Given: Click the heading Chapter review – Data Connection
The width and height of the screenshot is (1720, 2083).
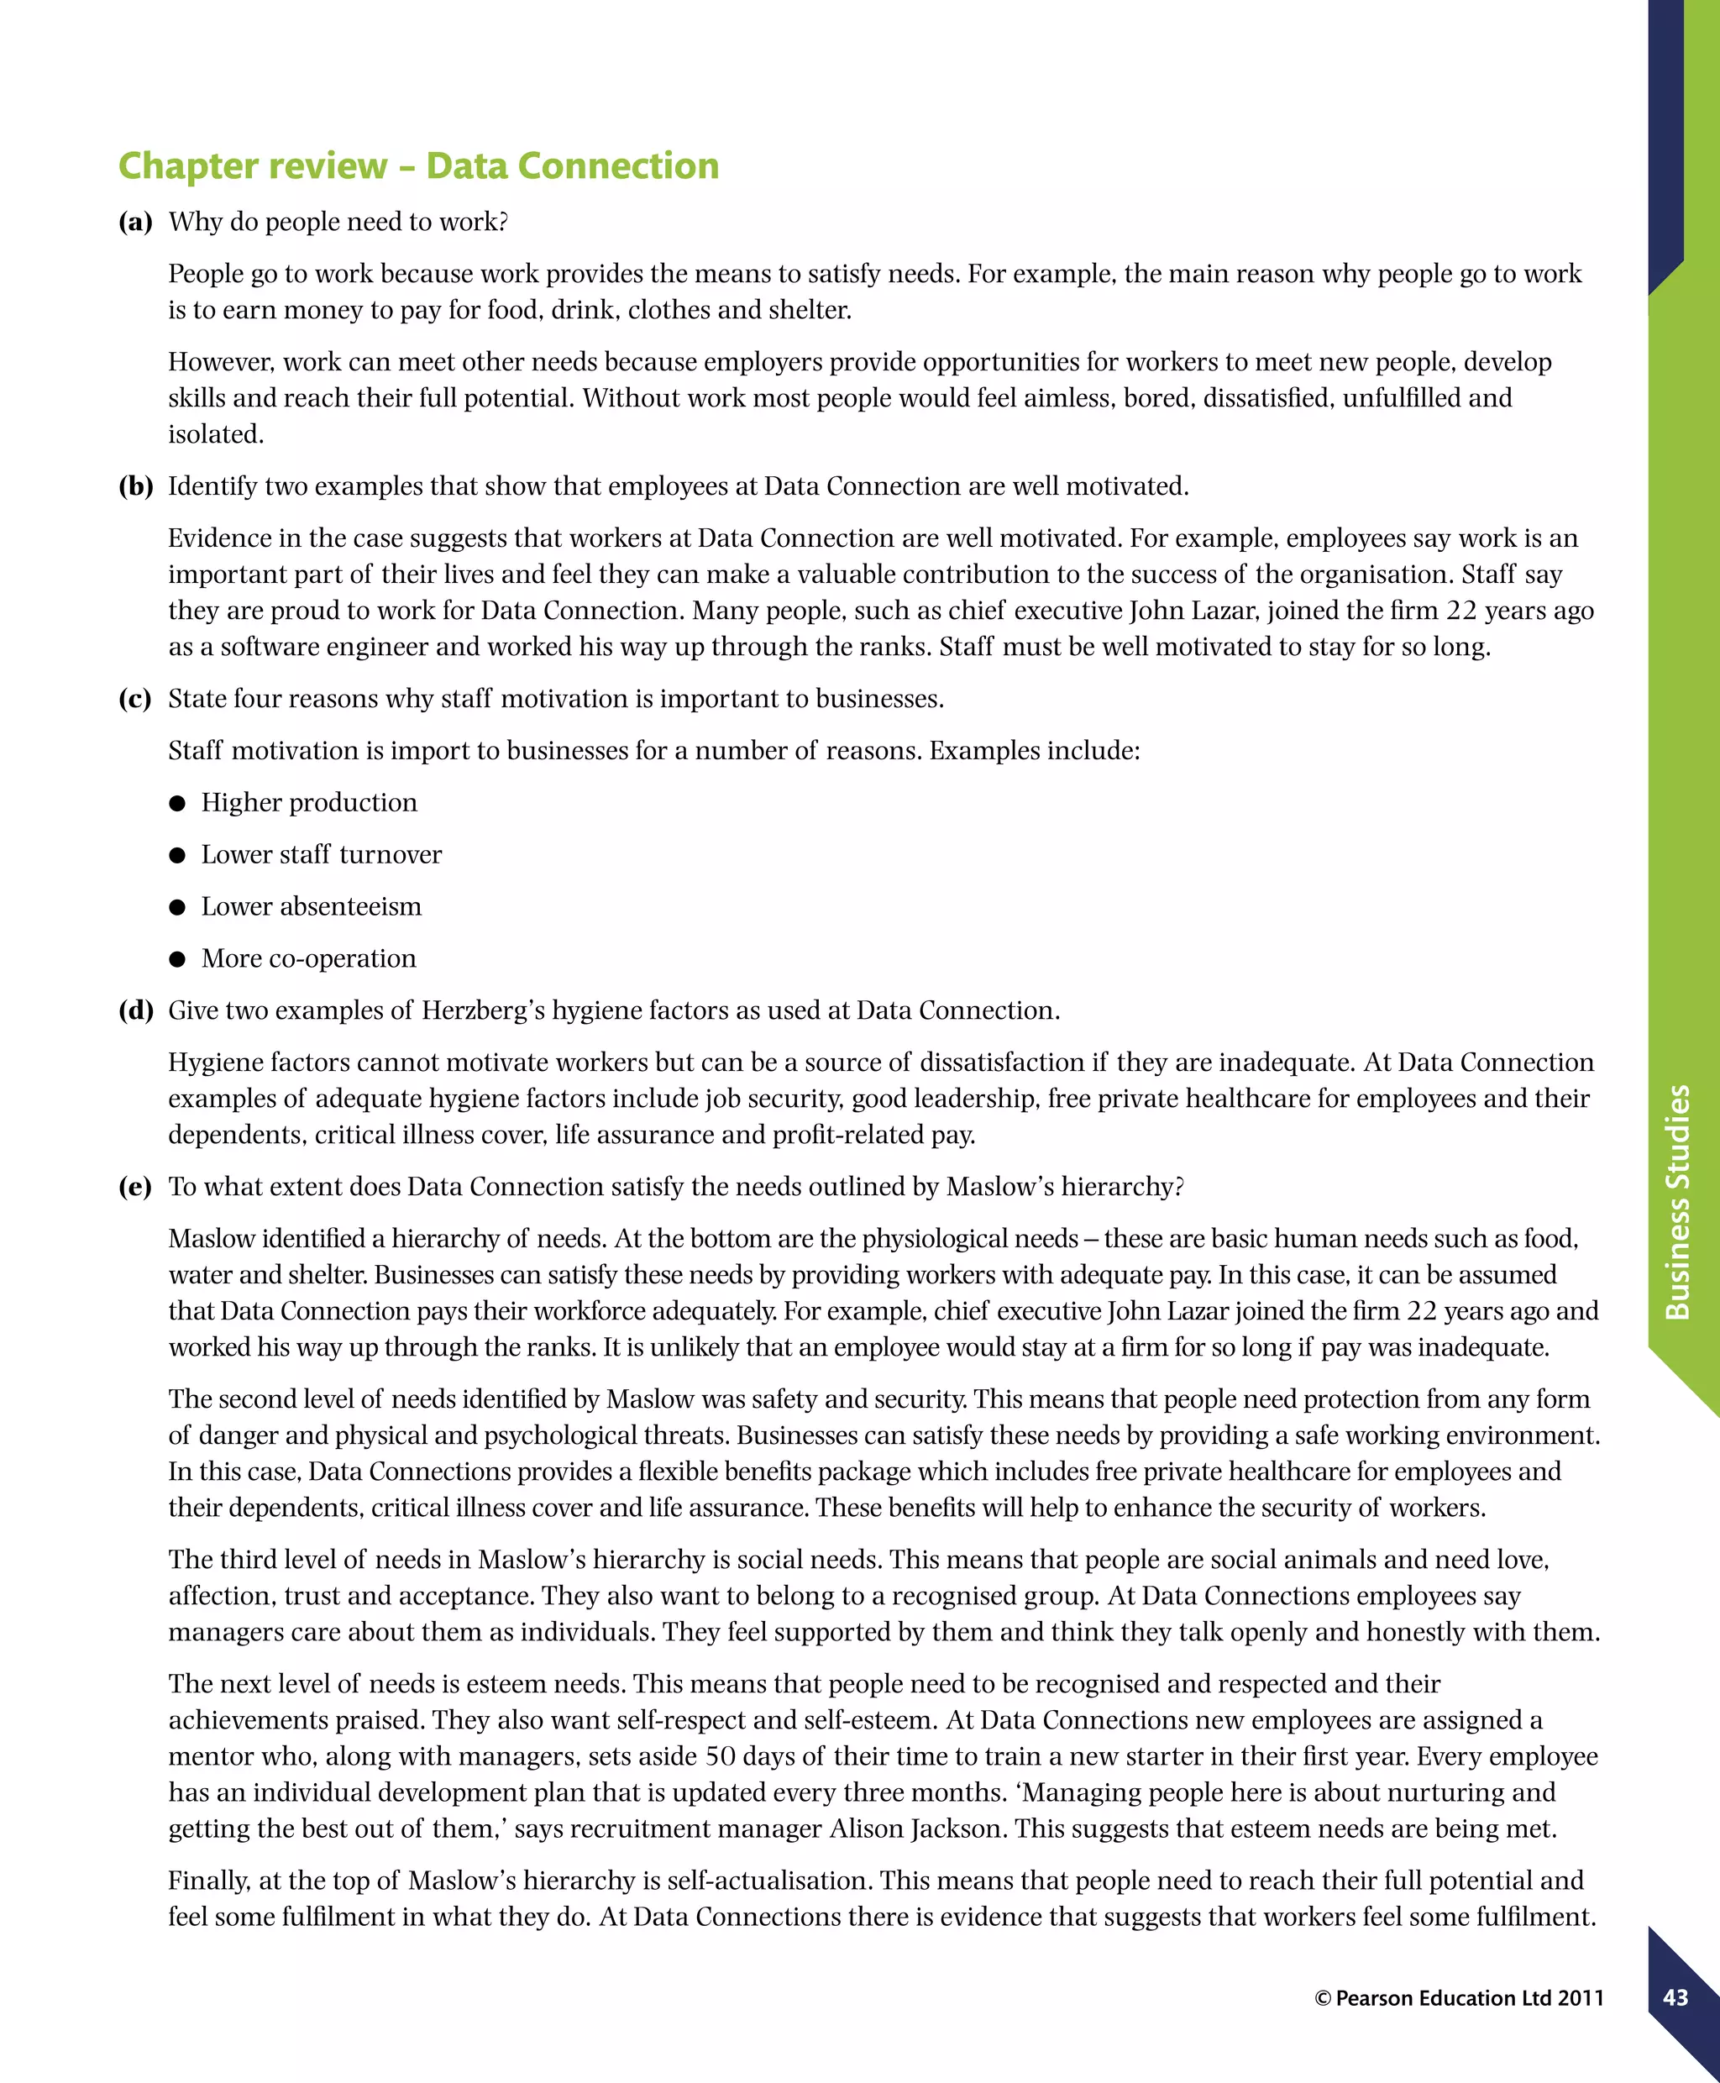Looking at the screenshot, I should [x=418, y=165].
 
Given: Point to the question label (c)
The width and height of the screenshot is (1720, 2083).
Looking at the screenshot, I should [x=134, y=699].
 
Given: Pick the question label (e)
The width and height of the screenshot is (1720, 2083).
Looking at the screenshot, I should [x=134, y=1187].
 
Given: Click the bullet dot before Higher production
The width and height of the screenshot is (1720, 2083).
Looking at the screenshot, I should [x=177, y=804].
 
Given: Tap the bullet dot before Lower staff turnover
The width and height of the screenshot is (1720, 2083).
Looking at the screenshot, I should [x=177, y=855].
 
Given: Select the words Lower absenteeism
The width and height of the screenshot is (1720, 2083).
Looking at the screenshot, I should [x=311, y=907].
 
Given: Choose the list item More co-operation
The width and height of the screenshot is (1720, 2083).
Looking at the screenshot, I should [x=308, y=958].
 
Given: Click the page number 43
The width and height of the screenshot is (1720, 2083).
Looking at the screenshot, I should [x=1675, y=1998].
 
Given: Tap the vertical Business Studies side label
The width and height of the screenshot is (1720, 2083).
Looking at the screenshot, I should [x=1676, y=1202].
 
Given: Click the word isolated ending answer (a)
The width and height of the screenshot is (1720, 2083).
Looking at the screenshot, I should [x=215, y=434].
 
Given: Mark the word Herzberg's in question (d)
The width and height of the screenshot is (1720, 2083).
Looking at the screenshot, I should [x=483, y=1010].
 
